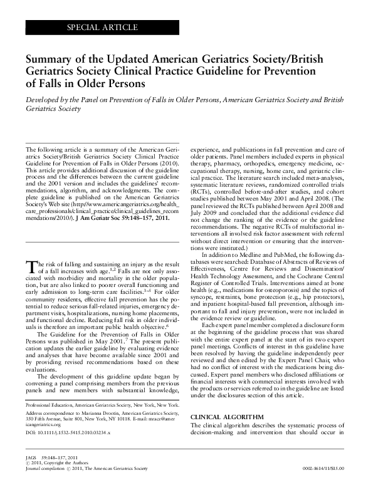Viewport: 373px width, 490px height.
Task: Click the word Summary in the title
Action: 49,60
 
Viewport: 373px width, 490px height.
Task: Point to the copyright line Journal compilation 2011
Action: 70,485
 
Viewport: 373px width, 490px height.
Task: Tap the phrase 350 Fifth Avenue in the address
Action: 46,437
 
